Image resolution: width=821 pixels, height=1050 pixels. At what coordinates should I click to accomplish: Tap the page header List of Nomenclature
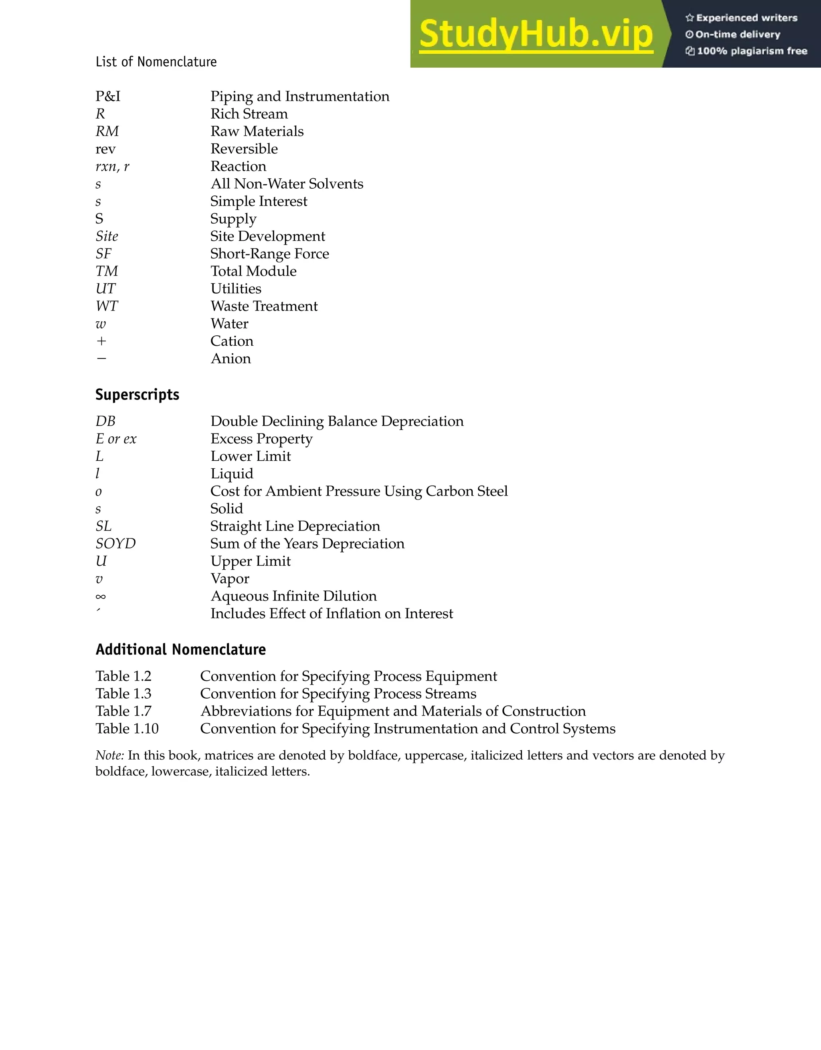click(156, 62)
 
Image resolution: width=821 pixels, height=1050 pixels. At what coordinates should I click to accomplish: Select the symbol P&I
click(108, 97)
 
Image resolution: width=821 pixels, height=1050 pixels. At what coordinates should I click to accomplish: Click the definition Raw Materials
click(257, 131)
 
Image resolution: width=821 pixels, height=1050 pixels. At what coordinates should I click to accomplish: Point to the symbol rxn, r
click(112, 166)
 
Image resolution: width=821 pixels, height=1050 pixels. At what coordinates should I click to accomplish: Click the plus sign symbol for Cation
click(101, 341)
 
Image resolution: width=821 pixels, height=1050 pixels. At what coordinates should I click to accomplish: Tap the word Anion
click(231, 359)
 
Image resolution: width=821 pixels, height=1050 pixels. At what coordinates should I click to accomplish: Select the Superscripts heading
click(137, 395)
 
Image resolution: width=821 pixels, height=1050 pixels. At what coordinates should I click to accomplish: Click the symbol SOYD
click(115, 544)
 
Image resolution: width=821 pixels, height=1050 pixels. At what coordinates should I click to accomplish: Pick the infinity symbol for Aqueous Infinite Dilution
click(101, 597)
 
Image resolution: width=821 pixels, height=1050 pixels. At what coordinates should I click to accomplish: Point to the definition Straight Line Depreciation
click(295, 526)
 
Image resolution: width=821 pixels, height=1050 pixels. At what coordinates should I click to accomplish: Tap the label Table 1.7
click(123, 711)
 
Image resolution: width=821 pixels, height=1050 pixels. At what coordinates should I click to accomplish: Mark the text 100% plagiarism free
click(752, 51)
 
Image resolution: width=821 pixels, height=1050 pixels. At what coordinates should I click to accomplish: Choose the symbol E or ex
click(115, 439)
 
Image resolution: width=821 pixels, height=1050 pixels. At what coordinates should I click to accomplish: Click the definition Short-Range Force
click(269, 254)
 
